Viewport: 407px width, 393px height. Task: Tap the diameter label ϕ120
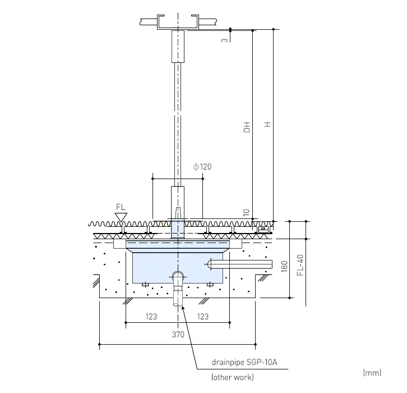pyautogui.click(x=202, y=167)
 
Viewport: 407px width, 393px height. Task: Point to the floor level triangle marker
pyautogui.click(x=121, y=216)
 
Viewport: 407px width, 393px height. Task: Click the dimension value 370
pyautogui.click(x=179, y=335)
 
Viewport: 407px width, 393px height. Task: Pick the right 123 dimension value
pyautogui.click(x=203, y=317)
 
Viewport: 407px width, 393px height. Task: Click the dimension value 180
pyautogui.click(x=284, y=266)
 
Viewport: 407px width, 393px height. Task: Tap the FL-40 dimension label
pyautogui.click(x=300, y=265)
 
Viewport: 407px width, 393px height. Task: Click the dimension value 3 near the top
pyautogui.click(x=224, y=40)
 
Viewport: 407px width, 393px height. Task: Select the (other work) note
pyautogui.click(x=232, y=377)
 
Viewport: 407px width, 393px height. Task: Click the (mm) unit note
pyautogui.click(x=372, y=372)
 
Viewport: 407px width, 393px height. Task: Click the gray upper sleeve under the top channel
pyautogui.click(x=178, y=46)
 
